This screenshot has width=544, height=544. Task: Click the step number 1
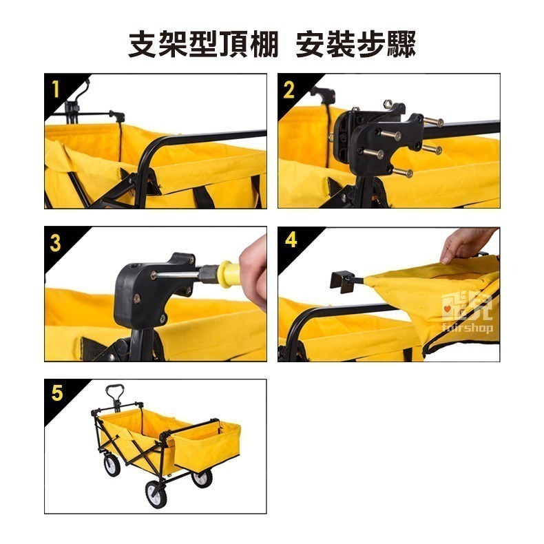(56, 89)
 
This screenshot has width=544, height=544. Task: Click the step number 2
(289, 90)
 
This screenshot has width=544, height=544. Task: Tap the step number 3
(56, 243)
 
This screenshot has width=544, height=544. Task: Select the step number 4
(291, 240)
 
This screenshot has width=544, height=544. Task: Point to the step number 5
(57, 393)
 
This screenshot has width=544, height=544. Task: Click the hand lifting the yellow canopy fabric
(467, 244)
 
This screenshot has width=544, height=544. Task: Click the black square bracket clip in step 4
(344, 282)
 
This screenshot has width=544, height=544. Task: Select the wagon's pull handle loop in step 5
(114, 392)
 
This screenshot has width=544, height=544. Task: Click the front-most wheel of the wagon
(156, 494)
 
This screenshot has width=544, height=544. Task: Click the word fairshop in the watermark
(467, 327)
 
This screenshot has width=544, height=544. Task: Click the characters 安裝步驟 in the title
(355, 44)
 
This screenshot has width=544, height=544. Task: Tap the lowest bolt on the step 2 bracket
(404, 171)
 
